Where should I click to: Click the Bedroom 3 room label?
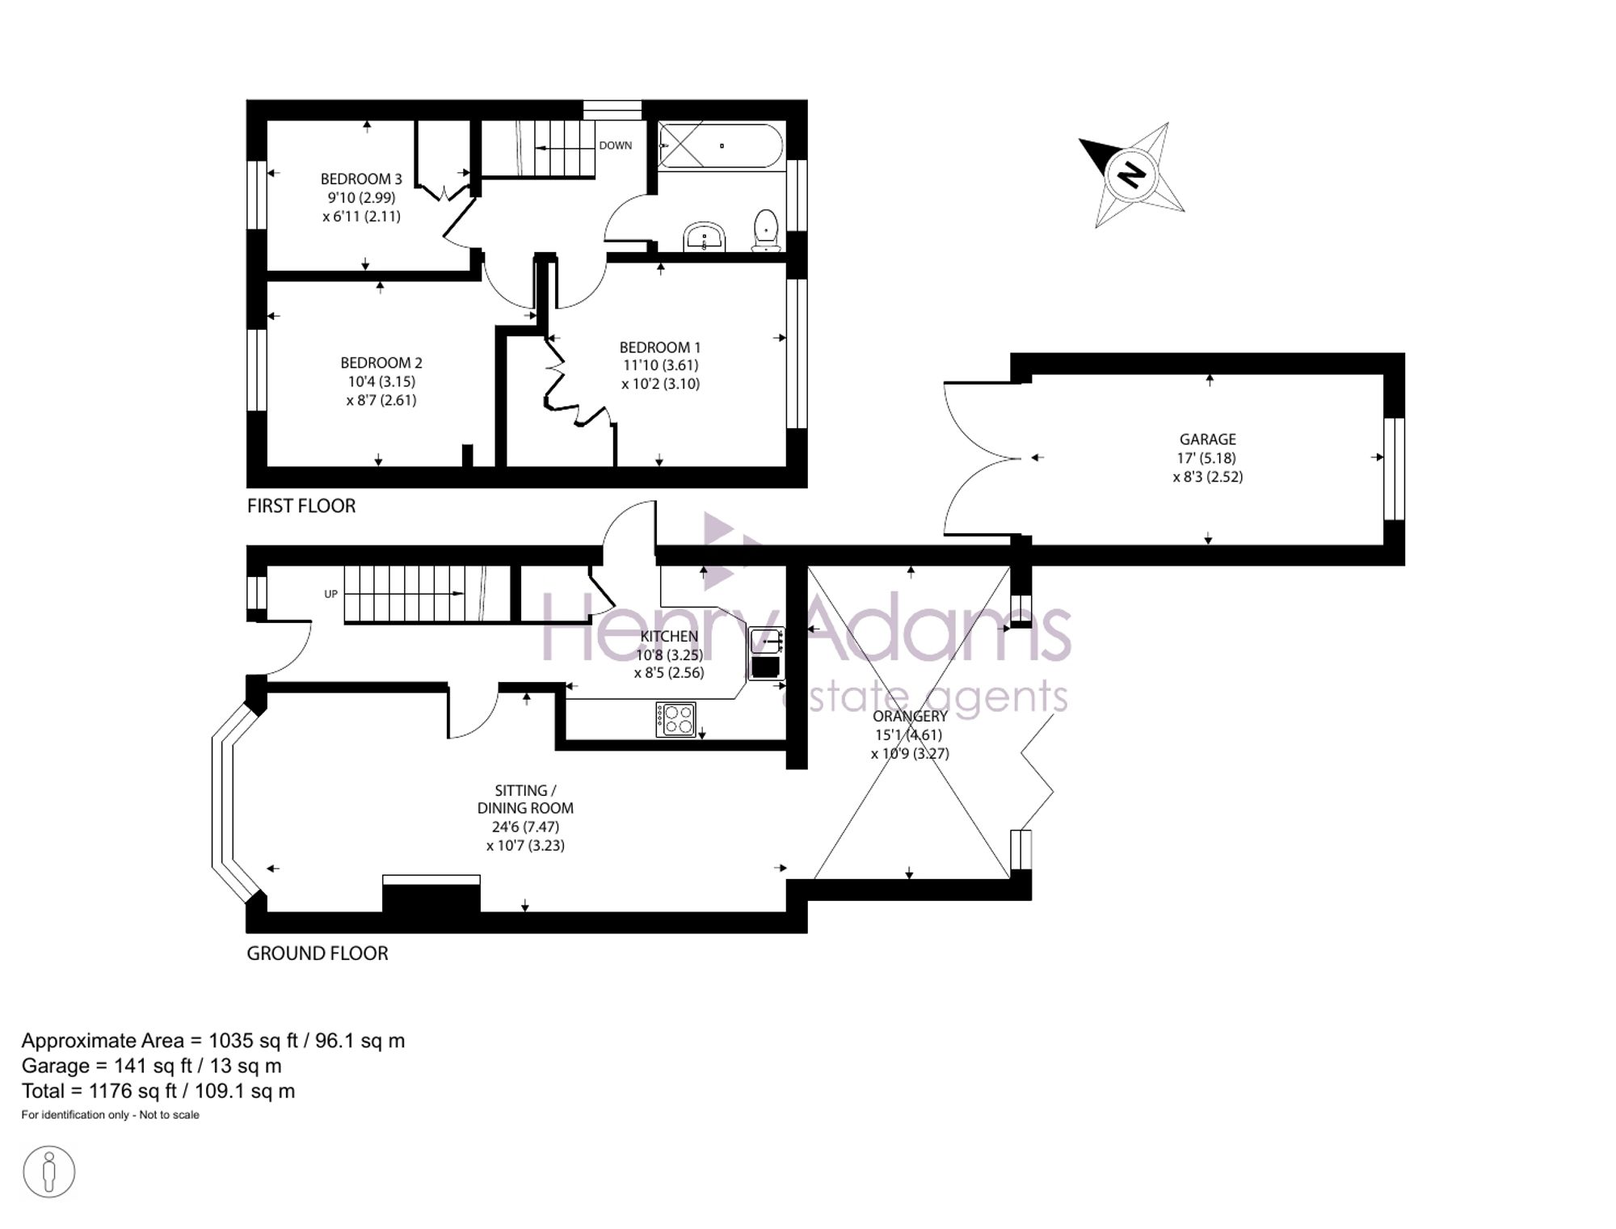(x=361, y=179)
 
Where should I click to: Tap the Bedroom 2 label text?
(x=381, y=363)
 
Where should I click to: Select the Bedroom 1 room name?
(x=660, y=347)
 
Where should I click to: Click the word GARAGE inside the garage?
(x=1208, y=440)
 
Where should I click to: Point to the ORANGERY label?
(x=910, y=716)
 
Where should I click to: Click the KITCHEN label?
(x=669, y=636)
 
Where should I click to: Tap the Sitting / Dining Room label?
(x=525, y=799)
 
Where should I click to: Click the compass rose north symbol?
(x=1131, y=175)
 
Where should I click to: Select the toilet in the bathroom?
(x=766, y=230)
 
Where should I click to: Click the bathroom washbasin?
(x=705, y=238)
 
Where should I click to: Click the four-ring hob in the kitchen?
(x=675, y=720)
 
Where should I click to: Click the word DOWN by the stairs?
(x=616, y=145)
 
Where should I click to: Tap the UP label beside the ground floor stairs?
(x=330, y=594)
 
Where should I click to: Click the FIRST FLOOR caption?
(x=301, y=506)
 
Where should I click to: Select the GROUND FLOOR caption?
(x=318, y=953)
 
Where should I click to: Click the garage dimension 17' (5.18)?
(x=1206, y=458)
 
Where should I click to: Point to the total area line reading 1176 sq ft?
(x=158, y=1092)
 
